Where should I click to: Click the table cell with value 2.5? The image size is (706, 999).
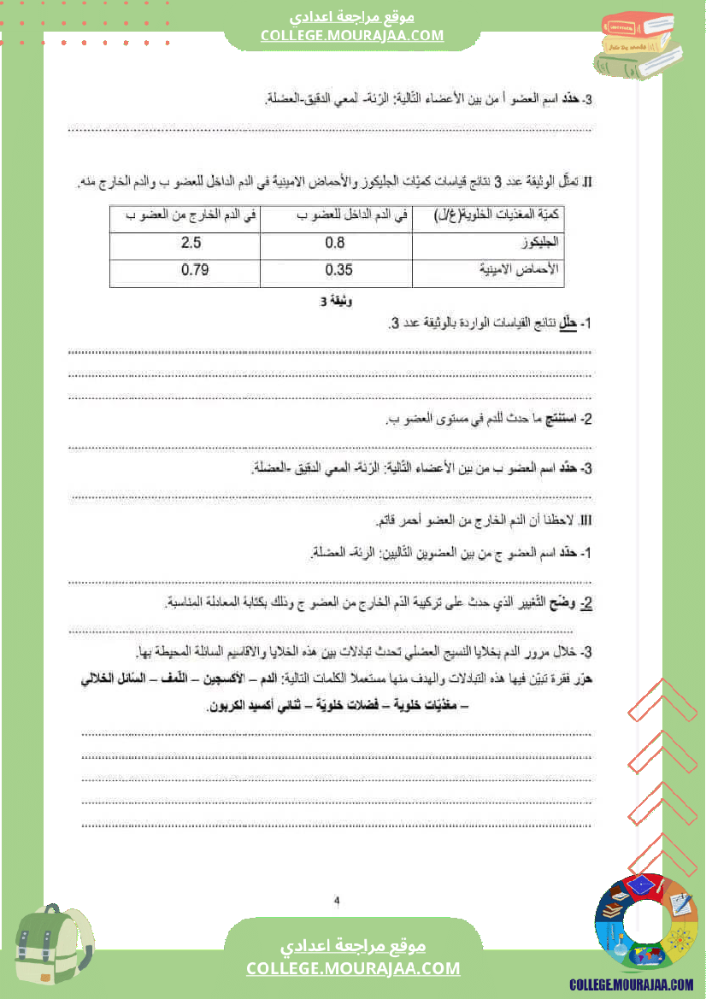pos(191,244)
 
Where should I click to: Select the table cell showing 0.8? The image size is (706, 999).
pos(335,244)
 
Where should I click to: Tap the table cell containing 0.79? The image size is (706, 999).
pos(195,271)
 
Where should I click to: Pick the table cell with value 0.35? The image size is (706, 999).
pos(339,271)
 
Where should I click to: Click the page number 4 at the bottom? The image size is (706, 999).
pos(337,900)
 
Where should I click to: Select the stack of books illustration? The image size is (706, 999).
pos(636,44)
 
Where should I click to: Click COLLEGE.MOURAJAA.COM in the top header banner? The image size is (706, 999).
pos(352,35)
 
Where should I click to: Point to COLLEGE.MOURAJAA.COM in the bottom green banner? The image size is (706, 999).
pos(353,968)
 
